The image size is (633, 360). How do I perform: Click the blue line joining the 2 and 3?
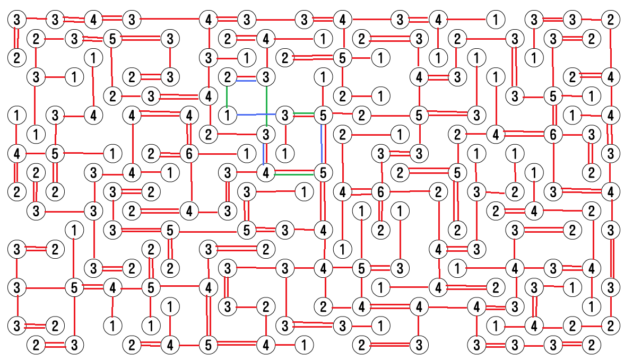[x=246, y=81]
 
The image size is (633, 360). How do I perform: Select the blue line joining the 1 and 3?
[x=256, y=115]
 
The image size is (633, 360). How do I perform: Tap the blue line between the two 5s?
[x=322, y=144]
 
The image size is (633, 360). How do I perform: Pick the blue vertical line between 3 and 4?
[x=264, y=154]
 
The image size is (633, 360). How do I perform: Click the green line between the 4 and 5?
[x=294, y=174]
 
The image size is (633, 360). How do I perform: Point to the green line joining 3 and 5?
[x=304, y=113]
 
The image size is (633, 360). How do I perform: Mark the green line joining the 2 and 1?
[x=227, y=96]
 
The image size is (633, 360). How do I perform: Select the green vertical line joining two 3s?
[x=266, y=106]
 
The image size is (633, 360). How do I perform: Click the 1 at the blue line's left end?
[x=227, y=116]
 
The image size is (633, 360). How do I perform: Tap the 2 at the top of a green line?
[x=227, y=77]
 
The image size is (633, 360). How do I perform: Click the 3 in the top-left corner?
[x=16, y=20]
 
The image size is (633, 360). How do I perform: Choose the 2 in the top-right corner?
[x=610, y=20]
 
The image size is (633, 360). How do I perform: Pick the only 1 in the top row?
[x=496, y=20]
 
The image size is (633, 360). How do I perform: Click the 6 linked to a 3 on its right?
[x=553, y=134]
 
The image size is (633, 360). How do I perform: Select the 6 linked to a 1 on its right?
[x=189, y=154]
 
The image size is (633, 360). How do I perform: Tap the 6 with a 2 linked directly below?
[x=380, y=192]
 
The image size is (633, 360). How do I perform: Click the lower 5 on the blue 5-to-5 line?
[x=323, y=173]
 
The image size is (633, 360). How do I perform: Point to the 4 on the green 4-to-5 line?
[x=266, y=173]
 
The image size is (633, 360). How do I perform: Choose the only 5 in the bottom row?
[x=208, y=345]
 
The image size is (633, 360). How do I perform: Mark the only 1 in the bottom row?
[x=304, y=345]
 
